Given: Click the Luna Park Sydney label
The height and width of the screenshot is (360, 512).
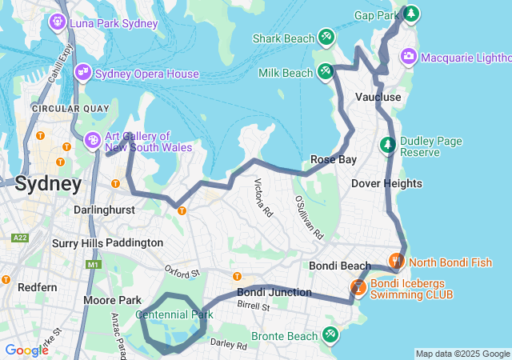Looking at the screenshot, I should pyautogui.click(x=114, y=23).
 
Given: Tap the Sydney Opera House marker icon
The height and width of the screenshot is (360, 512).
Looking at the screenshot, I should pyautogui.click(x=82, y=74).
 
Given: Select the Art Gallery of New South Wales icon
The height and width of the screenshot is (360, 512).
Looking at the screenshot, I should pyautogui.click(x=93, y=141).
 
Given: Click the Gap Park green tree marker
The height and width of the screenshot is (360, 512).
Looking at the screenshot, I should pyautogui.click(x=410, y=14).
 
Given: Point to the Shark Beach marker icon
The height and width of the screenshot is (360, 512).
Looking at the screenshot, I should pyautogui.click(x=326, y=38).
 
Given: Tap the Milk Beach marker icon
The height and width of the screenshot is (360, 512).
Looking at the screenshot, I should pyautogui.click(x=325, y=72).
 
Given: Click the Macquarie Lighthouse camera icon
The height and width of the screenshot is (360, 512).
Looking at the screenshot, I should pyautogui.click(x=409, y=56).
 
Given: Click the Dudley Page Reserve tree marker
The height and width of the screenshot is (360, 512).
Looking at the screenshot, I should pyautogui.click(x=388, y=146).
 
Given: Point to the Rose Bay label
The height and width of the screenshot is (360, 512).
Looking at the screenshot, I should pyautogui.click(x=334, y=159).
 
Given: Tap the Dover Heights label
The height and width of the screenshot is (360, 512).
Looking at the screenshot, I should pyautogui.click(x=386, y=183).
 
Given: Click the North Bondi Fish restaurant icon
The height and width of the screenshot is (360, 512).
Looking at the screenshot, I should pyautogui.click(x=395, y=262).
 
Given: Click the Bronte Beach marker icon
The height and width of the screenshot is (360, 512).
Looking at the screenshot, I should pyautogui.click(x=329, y=334).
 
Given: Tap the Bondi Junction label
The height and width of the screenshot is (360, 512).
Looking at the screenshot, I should pyautogui.click(x=274, y=292).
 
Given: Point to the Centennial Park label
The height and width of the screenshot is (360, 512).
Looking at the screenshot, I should pyautogui.click(x=174, y=315).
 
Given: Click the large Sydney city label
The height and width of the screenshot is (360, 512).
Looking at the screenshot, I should pyautogui.click(x=48, y=184).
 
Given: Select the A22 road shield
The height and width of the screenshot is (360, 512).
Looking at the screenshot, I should pyautogui.click(x=21, y=238).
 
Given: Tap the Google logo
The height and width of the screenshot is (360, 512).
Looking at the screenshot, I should pyautogui.click(x=26, y=350).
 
